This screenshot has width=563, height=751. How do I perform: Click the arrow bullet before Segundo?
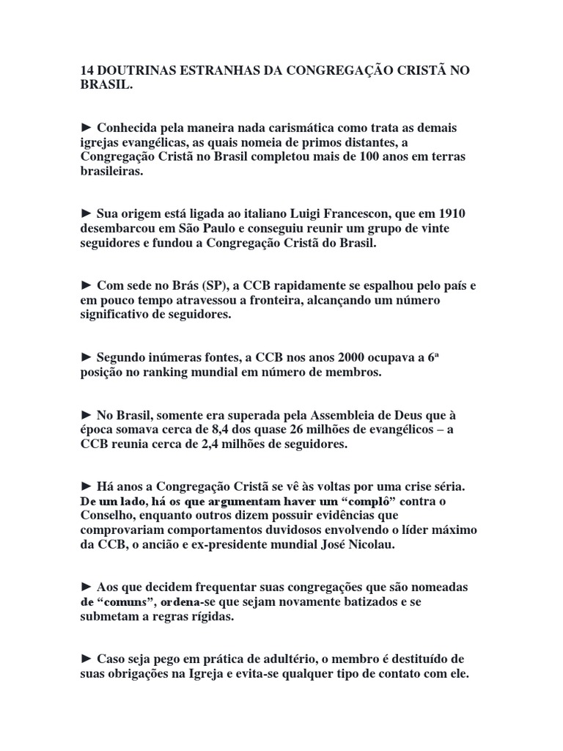tap(87, 357)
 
